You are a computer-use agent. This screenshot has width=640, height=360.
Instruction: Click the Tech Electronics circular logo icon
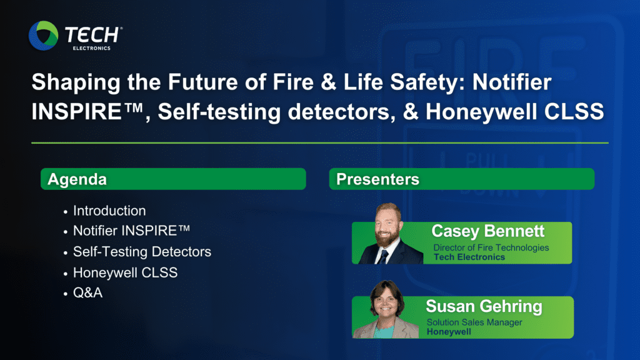click(x=43, y=36)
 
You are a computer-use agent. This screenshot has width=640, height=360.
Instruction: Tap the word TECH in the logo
click(x=91, y=35)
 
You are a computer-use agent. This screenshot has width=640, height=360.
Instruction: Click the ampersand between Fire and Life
click(x=328, y=82)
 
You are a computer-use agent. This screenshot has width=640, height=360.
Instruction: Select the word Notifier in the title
click(x=512, y=82)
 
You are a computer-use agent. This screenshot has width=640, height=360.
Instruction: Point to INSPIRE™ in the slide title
click(x=87, y=111)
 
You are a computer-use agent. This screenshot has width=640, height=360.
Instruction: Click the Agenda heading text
click(x=77, y=179)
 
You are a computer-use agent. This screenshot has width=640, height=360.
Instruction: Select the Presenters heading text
click(x=377, y=179)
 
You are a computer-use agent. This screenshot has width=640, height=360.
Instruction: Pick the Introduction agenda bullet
click(x=109, y=211)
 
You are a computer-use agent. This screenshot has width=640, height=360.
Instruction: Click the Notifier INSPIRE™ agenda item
click(x=131, y=231)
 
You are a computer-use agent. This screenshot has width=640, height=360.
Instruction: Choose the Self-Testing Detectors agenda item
click(x=142, y=252)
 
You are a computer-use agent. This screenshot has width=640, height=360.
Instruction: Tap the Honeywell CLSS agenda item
click(x=125, y=272)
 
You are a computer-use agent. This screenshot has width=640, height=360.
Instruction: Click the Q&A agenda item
click(x=87, y=292)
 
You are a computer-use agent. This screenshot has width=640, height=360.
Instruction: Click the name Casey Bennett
click(x=487, y=231)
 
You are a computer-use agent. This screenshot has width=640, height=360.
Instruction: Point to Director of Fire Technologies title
click(x=491, y=247)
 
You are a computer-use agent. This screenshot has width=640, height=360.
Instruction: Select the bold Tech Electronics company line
click(x=469, y=257)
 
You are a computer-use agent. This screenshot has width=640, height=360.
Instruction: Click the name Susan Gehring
click(x=484, y=306)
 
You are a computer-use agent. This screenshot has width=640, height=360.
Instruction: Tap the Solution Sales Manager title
click(x=474, y=322)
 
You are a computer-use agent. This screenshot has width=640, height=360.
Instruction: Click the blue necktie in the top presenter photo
click(x=383, y=257)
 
